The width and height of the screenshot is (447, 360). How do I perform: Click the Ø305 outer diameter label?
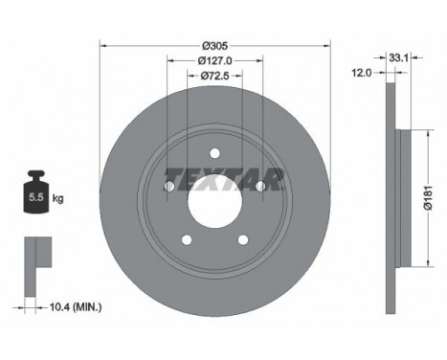(x=214, y=45)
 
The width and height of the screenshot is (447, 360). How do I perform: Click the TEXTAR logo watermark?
(x=224, y=178)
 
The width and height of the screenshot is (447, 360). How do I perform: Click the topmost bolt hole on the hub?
(x=215, y=151)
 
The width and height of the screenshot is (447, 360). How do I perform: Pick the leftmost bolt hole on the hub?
(x=169, y=187)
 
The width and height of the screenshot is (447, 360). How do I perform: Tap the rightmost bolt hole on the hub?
(x=259, y=186)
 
